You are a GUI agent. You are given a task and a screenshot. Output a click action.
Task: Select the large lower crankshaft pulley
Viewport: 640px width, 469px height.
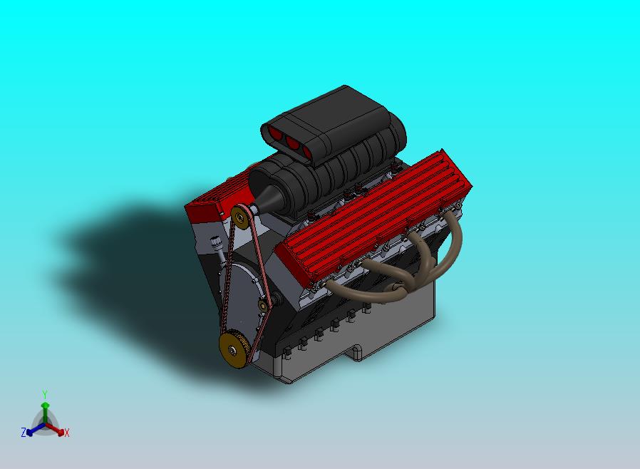pyautogui.click(x=234, y=349)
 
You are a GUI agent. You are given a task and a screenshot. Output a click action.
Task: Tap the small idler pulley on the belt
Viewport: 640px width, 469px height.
pyautogui.click(x=263, y=306)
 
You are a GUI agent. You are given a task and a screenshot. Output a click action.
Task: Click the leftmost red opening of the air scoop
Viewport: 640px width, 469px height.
pyautogui.click(x=274, y=133)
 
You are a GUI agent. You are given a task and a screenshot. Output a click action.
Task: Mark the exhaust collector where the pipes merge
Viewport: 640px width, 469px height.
pyautogui.click(x=399, y=289)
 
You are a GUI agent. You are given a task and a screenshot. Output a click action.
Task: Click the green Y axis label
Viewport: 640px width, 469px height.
pyautogui.click(x=44, y=394)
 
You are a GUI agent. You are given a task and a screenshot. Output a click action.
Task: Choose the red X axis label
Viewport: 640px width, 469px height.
pyautogui.click(x=66, y=433)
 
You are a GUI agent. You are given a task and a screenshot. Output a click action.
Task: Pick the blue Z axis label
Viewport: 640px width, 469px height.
pyautogui.click(x=24, y=432)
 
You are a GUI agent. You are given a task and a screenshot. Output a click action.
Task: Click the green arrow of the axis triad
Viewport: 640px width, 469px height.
pyautogui.click(x=44, y=408)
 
